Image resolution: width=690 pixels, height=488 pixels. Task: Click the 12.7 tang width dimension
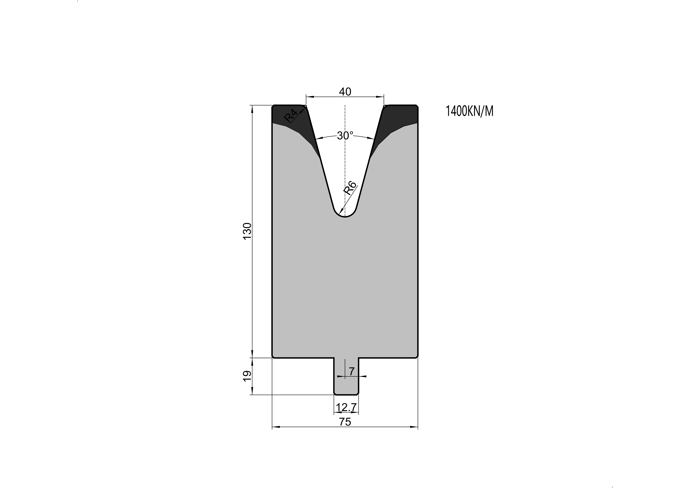point(346,407)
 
